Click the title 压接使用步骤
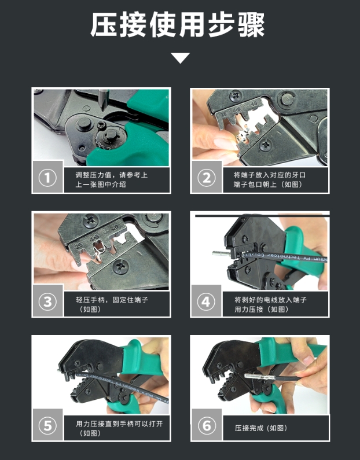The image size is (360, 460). click(179, 25)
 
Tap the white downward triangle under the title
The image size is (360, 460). click(180, 58)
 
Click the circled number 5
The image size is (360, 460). click(47, 426)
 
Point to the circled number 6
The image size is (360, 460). click(207, 426)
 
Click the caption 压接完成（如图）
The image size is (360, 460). click(260, 428)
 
